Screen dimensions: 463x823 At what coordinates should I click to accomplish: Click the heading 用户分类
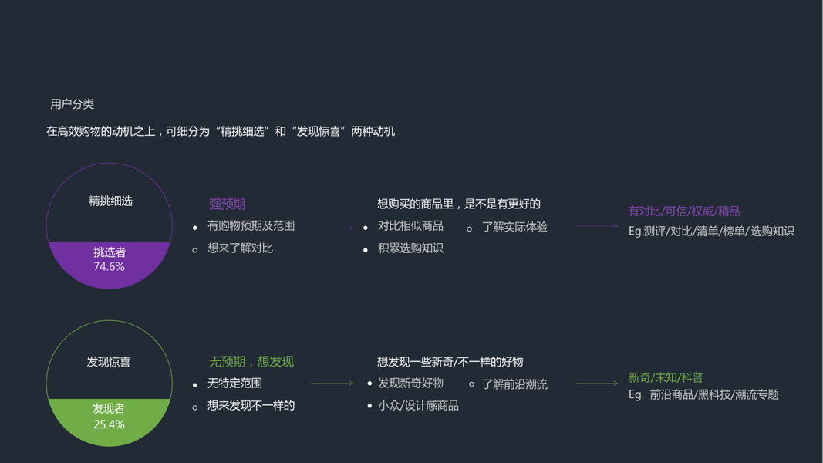[72, 104]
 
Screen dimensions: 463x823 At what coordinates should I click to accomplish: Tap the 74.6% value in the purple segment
[109, 267]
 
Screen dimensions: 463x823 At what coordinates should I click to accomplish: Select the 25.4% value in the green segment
[109, 424]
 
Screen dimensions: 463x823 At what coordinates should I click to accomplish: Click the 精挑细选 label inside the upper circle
[110, 201]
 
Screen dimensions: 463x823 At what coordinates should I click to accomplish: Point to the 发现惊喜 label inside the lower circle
[109, 362]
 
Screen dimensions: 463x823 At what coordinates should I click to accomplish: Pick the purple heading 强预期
[227, 204]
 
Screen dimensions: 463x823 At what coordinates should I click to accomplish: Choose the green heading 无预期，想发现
[251, 362]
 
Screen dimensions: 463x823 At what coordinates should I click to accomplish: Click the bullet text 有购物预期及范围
[251, 226]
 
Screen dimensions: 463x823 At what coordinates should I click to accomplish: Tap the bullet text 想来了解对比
[240, 248]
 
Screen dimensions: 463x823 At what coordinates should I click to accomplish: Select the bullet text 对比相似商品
[410, 226]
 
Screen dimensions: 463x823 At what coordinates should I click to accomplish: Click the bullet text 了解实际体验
[514, 227]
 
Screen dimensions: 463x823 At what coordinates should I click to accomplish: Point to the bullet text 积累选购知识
[410, 248]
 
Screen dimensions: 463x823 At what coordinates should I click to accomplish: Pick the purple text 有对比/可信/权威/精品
[683, 211]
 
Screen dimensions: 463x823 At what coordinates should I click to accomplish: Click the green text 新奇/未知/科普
[666, 378]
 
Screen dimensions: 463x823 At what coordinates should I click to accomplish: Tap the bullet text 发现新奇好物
[410, 384]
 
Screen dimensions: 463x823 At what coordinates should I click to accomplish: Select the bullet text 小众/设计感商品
[418, 406]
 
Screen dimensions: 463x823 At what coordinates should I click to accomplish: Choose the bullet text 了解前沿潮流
[514, 384]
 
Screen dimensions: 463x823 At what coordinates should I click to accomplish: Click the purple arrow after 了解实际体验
[596, 226]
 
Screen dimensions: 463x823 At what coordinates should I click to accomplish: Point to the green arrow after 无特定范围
[332, 384]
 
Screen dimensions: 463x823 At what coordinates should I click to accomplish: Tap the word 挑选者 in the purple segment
[110, 252]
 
